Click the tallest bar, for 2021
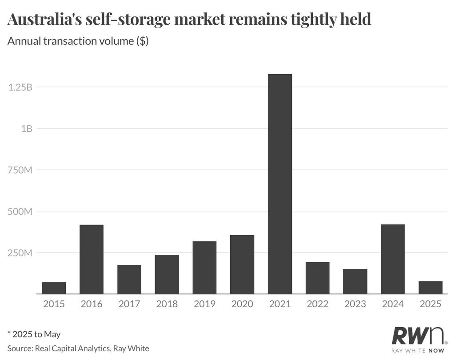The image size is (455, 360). click(x=280, y=184)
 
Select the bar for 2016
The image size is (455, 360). click(x=92, y=259)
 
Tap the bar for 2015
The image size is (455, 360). click(x=54, y=288)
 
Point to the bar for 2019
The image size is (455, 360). click(x=204, y=267)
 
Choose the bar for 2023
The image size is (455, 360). click(x=355, y=281)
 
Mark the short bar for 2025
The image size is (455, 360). click(x=431, y=288)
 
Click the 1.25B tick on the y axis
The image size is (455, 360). click(x=20, y=87)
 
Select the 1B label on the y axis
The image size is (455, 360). click(x=26, y=129)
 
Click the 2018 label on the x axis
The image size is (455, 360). click(x=167, y=304)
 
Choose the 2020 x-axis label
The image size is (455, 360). click(x=242, y=304)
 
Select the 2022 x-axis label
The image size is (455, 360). click(x=318, y=304)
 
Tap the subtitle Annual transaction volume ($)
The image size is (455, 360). click(x=78, y=42)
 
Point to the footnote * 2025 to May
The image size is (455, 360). click(x=34, y=334)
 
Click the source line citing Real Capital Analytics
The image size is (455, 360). click(x=78, y=348)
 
